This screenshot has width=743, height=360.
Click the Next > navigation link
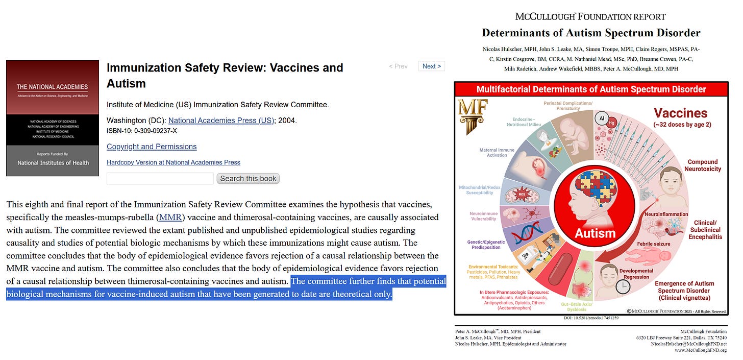[432, 66]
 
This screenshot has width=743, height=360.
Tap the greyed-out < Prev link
[398, 66]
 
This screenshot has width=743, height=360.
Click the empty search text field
[160, 178]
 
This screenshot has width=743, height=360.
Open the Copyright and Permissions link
[152, 147]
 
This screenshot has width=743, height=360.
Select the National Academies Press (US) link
[221, 121]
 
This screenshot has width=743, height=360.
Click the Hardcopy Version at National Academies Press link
[174, 162]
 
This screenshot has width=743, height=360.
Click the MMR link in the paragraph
[170, 217]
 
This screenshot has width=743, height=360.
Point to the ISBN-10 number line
[142, 131]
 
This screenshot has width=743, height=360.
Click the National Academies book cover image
[53, 118]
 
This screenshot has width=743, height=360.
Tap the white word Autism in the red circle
[595, 233]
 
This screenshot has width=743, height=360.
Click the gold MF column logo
[473, 116]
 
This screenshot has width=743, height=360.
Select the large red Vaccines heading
[680, 113]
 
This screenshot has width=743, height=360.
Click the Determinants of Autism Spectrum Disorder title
[591, 33]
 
